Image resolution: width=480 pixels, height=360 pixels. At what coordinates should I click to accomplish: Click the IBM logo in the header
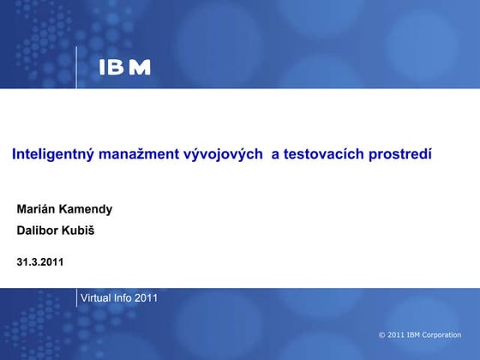click(x=124, y=68)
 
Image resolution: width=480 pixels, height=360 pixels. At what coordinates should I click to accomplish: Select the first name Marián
click(x=37, y=209)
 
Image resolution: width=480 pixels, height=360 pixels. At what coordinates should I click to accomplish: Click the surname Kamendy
click(x=87, y=209)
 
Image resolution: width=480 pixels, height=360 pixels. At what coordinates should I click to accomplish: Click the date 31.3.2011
click(x=40, y=261)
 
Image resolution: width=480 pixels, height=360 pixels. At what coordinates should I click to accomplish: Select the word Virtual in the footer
click(x=96, y=298)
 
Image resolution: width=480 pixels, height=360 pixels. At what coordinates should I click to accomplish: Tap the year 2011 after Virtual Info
click(x=147, y=298)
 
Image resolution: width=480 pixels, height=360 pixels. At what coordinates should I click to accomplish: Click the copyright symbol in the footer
click(x=381, y=335)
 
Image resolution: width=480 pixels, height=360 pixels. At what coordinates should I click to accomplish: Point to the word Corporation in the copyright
click(x=442, y=335)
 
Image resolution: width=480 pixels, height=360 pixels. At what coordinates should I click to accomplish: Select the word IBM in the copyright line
click(x=413, y=335)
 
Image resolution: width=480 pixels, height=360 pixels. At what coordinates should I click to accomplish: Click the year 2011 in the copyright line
click(x=395, y=335)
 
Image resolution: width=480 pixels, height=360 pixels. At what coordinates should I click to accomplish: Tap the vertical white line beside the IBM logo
click(x=76, y=67)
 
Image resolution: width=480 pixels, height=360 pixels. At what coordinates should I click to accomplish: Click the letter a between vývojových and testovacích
click(x=275, y=155)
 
